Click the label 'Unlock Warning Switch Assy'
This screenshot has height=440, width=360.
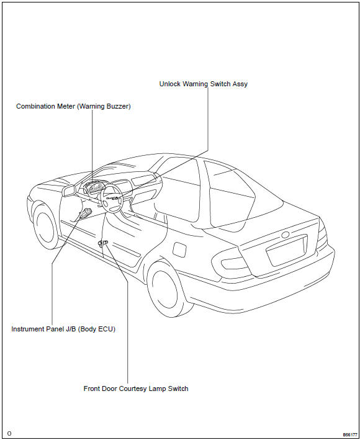(x=203, y=84)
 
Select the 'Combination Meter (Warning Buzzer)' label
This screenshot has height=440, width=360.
(x=73, y=106)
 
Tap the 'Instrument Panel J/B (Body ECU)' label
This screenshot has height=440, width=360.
(x=63, y=329)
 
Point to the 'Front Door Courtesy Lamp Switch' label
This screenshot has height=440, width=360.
(x=136, y=388)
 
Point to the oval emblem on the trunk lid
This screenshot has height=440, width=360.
(x=285, y=235)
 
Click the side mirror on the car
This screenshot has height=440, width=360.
(x=68, y=189)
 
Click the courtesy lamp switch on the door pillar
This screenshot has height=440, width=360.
(x=103, y=242)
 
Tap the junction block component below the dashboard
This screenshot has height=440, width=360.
(x=84, y=215)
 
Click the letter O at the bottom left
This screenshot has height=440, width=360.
(x=10, y=434)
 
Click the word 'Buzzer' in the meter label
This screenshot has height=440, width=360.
(x=116, y=106)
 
